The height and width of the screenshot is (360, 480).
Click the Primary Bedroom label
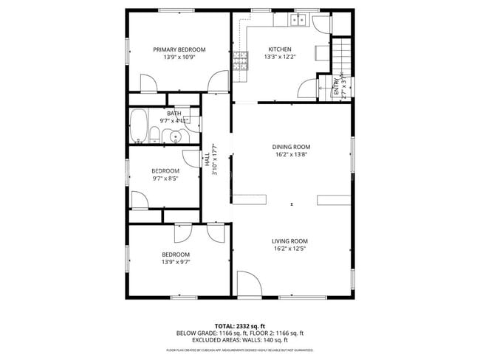coord(179,49)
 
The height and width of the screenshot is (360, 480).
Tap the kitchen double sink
coord(299,21)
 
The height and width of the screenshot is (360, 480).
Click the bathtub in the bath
coord(137,128)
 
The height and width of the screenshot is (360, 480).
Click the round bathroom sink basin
coord(176,136)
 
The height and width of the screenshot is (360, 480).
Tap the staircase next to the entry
coord(340,55)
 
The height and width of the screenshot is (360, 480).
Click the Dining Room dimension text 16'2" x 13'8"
coord(291,155)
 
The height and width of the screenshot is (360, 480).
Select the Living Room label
coord(290,241)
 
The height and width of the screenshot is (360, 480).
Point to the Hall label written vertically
coord(208,160)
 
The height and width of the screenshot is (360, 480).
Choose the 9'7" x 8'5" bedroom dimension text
coord(166,178)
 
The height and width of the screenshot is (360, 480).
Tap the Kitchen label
coord(279,49)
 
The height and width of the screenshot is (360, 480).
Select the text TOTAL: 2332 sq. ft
coord(239,325)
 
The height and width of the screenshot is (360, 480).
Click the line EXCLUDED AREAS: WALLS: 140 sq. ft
coord(239,340)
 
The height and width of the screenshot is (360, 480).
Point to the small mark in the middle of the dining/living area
coord(292,204)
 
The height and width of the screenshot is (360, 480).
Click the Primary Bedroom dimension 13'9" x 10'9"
coord(179,58)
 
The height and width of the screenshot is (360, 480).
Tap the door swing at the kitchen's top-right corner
coord(319,22)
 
